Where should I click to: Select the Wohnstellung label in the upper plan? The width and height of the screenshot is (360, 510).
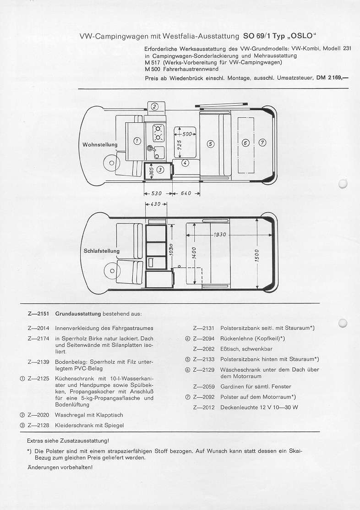pyautogui.click(x=99, y=145)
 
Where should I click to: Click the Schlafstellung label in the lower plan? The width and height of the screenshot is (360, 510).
pyautogui.click(x=101, y=251)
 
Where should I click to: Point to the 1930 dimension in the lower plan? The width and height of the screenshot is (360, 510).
pyautogui.click(x=219, y=235)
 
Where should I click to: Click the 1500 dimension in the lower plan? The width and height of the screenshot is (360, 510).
pyautogui.click(x=256, y=253)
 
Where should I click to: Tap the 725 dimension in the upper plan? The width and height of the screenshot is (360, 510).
pyautogui.click(x=180, y=145)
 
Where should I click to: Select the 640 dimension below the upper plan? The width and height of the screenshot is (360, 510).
pyautogui.click(x=185, y=193)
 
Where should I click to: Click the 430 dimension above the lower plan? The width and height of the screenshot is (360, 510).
pyautogui.click(x=155, y=204)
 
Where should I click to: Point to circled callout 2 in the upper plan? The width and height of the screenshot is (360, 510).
pyautogui.click(x=154, y=107)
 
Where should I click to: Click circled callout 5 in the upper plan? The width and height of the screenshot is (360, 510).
pyautogui.click(x=211, y=143)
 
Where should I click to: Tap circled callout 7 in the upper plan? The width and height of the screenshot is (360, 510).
pyautogui.click(x=262, y=143)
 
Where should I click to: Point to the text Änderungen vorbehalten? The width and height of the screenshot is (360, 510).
pyautogui.click(x=60, y=467)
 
